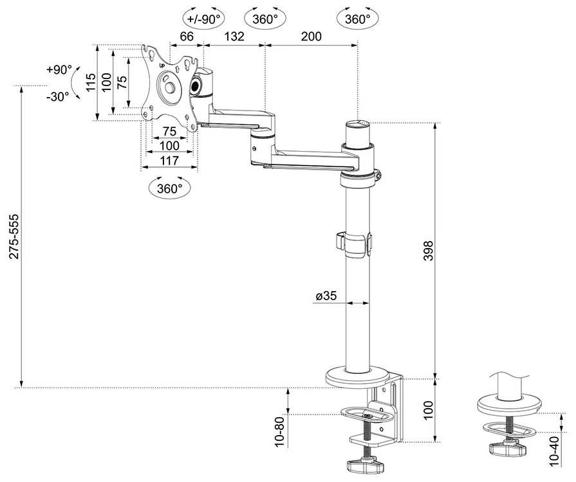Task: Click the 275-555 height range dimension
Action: pos(14,237)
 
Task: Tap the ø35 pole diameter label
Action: pos(326,296)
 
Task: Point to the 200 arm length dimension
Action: pos(311,37)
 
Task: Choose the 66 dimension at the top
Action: pos(187,37)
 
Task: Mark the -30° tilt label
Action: pos(58,96)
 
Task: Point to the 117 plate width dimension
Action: pos(169,161)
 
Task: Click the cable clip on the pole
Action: pos(355,242)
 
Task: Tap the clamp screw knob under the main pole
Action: pos(366,464)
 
